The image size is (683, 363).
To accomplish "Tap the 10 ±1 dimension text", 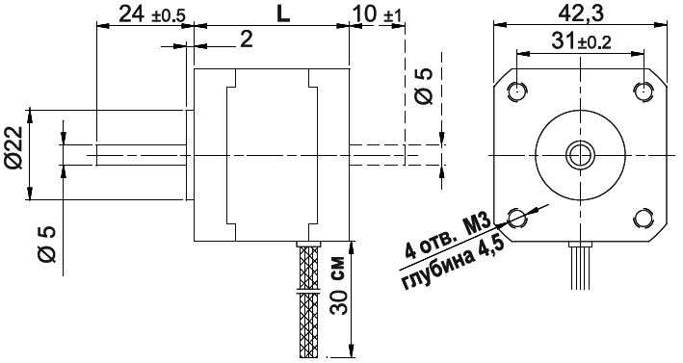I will (x=379, y=14).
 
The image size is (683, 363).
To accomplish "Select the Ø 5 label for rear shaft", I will (x=423, y=86).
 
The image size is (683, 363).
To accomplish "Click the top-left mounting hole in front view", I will (x=517, y=91).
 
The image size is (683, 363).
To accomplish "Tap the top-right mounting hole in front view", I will (x=644, y=91).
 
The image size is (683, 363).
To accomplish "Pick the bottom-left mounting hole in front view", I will (x=517, y=217).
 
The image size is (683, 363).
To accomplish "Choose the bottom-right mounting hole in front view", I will (x=644, y=217).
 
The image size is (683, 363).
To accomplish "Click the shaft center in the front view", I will (x=580, y=154).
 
